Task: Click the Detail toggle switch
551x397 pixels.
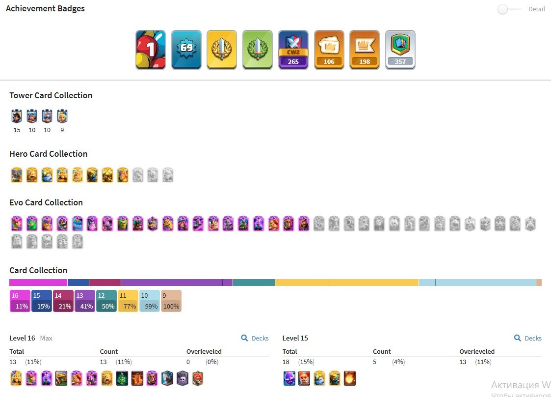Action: (x=509, y=9)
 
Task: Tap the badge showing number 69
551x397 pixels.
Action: (x=186, y=50)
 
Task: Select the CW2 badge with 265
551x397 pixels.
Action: (x=293, y=50)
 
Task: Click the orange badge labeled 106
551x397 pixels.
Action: (x=329, y=50)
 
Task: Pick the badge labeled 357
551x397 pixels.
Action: (x=400, y=50)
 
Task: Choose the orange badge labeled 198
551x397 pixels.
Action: (x=365, y=50)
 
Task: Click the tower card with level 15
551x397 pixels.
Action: (x=17, y=116)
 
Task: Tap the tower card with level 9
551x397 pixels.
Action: (x=62, y=116)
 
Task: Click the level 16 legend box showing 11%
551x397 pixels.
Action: (x=20, y=301)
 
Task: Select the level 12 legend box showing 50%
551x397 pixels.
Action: (x=106, y=301)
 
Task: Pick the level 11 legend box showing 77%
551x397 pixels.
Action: (x=128, y=301)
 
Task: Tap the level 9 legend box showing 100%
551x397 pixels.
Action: (x=171, y=301)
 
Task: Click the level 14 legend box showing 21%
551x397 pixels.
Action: (x=63, y=301)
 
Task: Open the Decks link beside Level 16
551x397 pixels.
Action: (x=255, y=338)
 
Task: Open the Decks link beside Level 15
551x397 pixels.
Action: (x=528, y=338)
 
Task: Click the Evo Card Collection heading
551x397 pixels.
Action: (x=46, y=202)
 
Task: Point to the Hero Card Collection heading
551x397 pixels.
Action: (x=49, y=154)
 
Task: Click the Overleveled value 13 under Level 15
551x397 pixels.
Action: (x=463, y=362)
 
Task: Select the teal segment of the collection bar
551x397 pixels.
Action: (x=254, y=282)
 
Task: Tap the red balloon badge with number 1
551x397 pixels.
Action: (x=151, y=50)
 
